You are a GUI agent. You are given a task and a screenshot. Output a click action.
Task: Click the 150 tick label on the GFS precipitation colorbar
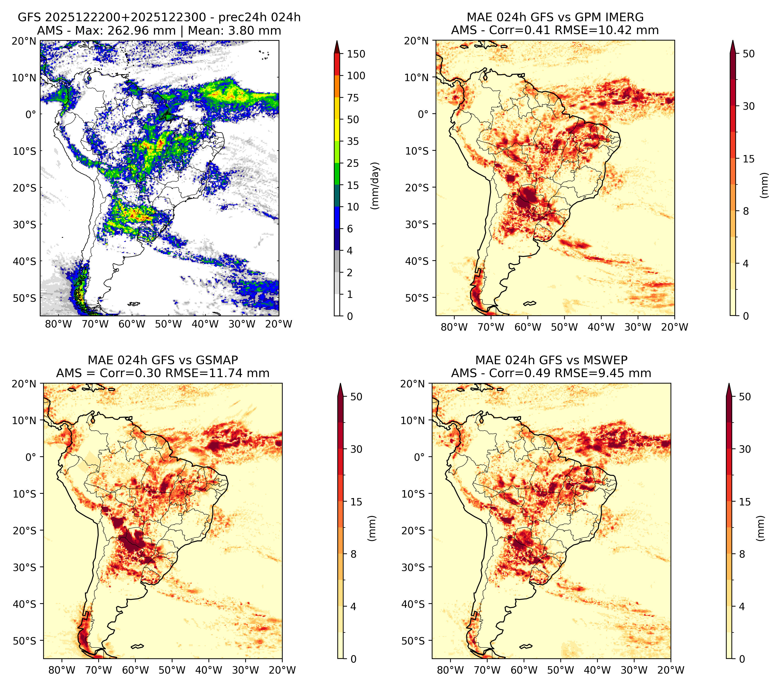(356, 54)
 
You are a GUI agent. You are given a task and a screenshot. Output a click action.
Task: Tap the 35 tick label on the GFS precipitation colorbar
(353, 141)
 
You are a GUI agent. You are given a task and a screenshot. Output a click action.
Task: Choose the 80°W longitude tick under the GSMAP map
(62, 670)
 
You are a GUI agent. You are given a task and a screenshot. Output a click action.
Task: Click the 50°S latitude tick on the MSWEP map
(413, 640)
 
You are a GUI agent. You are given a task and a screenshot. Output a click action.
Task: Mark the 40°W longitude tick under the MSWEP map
(597, 670)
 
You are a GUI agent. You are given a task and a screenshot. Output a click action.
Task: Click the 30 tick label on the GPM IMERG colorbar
(749, 106)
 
